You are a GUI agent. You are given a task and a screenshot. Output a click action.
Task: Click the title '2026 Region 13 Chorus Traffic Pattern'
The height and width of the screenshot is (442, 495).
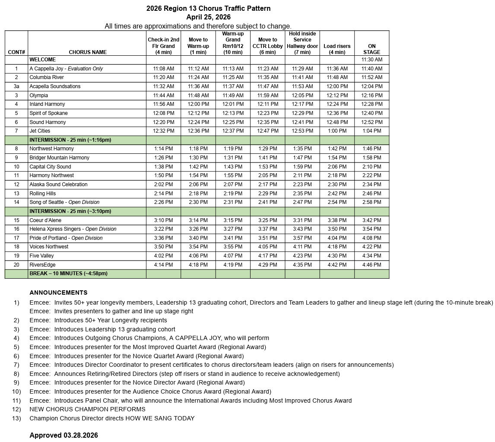click(208, 8)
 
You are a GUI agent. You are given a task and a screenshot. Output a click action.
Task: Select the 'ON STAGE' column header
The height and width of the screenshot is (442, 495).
click(371, 49)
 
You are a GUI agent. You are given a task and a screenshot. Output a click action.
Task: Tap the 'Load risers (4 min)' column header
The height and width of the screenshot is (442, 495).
click(337, 49)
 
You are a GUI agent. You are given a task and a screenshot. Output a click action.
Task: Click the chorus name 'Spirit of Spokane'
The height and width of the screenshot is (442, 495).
click(48, 113)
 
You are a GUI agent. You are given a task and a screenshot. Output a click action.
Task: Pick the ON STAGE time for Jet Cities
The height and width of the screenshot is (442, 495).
click(371, 131)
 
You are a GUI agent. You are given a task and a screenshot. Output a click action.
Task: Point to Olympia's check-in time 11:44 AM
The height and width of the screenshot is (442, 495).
click(163, 95)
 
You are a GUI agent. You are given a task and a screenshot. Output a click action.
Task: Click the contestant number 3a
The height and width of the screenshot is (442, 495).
click(16, 86)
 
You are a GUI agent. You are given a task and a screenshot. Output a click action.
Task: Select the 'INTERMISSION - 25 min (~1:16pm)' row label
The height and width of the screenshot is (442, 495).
click(70, 140)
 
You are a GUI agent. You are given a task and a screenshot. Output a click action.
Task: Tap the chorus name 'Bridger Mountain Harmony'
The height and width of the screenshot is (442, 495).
click(59, 158)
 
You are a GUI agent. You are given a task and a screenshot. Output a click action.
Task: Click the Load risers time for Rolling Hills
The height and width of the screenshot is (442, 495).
click(337, 194)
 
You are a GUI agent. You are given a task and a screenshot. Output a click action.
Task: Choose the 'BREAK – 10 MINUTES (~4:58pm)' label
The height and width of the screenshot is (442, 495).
click(68, 273)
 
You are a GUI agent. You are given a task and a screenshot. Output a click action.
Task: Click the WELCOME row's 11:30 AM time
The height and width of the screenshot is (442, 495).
click(371, 60)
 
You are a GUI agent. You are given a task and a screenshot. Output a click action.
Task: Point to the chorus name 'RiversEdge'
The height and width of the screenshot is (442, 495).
click(42, 265)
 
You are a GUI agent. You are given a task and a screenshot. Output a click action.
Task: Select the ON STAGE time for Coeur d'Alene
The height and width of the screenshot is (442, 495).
click(371, 220)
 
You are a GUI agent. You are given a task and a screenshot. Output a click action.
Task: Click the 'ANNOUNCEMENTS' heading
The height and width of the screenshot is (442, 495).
click(58, 293)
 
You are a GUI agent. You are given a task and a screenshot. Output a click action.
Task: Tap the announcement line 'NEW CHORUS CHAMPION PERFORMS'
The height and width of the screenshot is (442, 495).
click(87, 409)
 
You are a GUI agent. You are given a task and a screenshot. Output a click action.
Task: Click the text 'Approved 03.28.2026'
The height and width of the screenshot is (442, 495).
click(63, 435)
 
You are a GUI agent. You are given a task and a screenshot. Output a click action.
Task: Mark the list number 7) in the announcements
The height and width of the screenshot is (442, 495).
click(16, 365)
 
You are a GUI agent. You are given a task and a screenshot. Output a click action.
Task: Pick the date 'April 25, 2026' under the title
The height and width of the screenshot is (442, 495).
click(208, 17)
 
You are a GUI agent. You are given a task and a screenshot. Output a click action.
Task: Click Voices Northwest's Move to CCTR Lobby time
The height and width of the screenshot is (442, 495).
click(267, 247)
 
